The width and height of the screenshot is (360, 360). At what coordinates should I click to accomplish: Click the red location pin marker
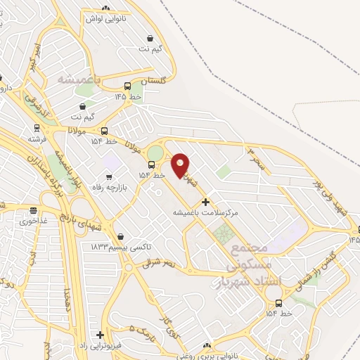point(181,166)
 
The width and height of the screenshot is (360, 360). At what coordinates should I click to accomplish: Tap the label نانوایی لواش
point(105,19)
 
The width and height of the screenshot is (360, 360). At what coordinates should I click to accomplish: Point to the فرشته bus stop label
point(36,140)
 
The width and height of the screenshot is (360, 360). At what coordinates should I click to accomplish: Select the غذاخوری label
point(33,221)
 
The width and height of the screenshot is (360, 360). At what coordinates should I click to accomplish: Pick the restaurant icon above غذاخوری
point(33,210)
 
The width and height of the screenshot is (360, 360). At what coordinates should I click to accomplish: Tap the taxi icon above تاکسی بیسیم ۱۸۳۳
point(122,236)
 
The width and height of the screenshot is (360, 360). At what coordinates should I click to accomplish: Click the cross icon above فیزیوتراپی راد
point(101,335)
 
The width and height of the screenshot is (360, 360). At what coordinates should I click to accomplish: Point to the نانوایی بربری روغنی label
point(206,356)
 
